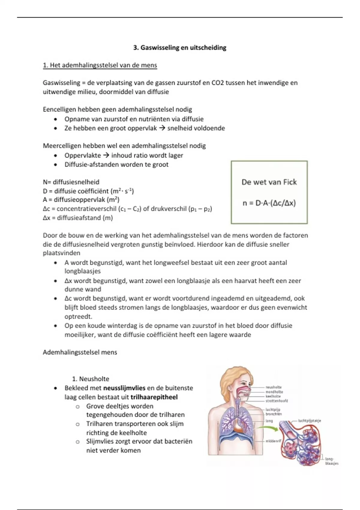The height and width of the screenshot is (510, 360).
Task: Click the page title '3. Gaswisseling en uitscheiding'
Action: [180, 48]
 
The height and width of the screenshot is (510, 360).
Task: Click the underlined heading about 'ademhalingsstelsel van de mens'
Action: [100, 65]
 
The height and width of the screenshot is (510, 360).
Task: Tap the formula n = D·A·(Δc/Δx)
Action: [269, 203]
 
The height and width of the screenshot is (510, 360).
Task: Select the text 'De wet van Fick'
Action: [269, 182]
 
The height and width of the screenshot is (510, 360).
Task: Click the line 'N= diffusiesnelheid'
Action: [71, 182]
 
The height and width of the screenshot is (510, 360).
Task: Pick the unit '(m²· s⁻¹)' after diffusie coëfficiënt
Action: [122, 191]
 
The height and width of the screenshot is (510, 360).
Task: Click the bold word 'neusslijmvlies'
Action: [124, 388]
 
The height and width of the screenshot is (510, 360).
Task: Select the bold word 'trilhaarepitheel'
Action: [154, 397]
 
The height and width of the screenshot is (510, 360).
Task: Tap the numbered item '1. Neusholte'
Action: [91, 379]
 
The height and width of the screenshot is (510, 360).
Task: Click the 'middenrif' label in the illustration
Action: [273, 441]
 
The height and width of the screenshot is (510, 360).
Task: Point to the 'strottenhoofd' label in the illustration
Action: [276, 401]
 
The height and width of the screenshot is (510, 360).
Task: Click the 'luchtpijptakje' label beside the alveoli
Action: [309, 421]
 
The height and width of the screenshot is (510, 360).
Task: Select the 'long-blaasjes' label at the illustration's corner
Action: [331, 461]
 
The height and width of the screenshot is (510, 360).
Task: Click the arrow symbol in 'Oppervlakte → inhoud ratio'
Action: [106, 155]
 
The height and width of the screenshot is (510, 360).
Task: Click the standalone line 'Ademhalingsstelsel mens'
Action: [80, 352]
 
